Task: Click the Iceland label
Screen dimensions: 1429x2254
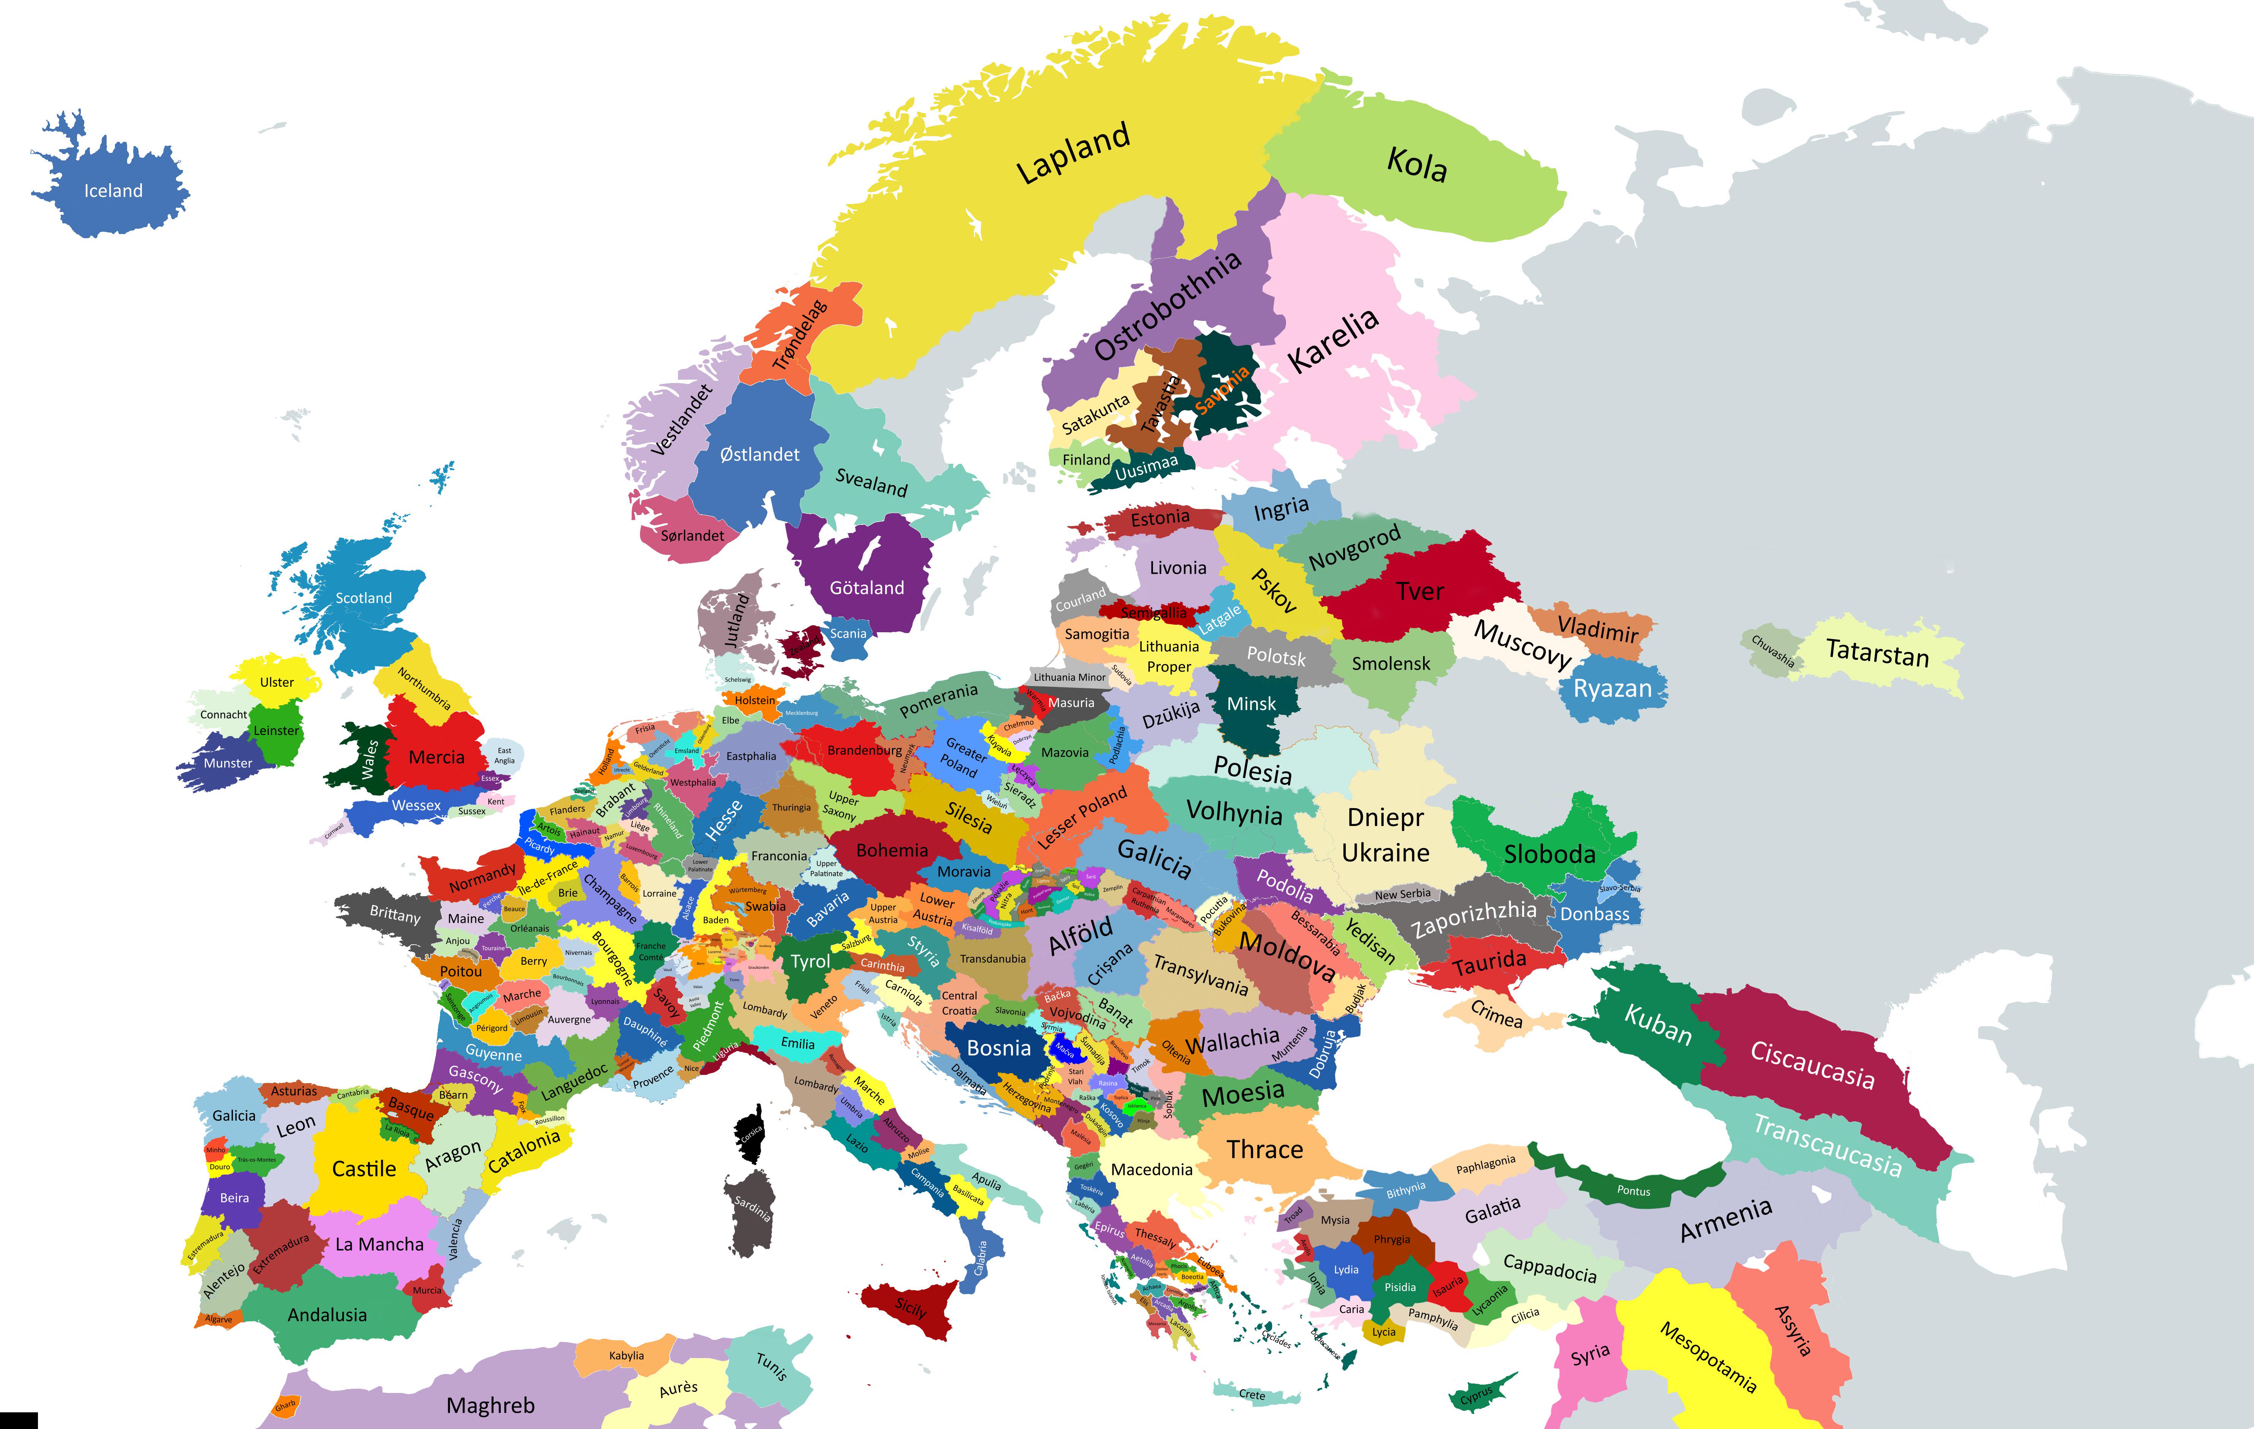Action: click(113, 191)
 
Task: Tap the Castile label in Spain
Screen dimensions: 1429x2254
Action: click(364, 1169)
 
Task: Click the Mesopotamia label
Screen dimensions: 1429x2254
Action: click(1708, 1357)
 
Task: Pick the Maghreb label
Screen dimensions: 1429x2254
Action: click(491, 1405)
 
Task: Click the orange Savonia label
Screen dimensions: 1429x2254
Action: click(1222, 389)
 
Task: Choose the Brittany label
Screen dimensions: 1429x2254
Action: click(395, 914)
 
